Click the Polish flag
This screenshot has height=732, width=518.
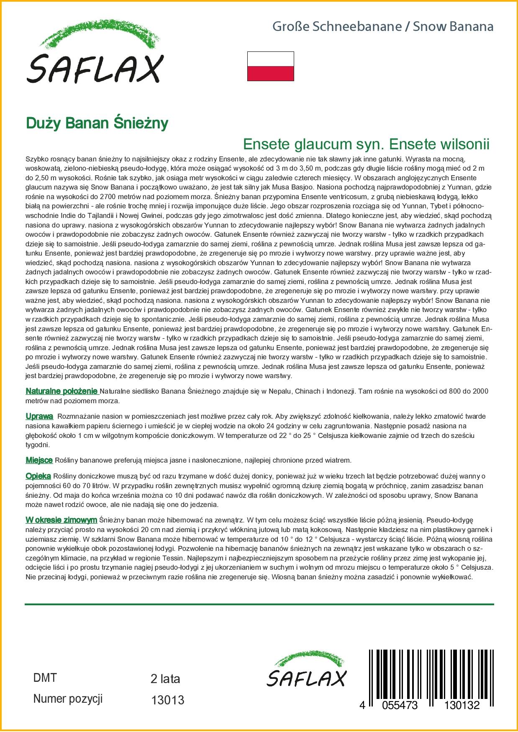[270, 66]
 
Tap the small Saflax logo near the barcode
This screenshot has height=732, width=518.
[307, 670]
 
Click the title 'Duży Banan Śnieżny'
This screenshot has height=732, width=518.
[97, 123]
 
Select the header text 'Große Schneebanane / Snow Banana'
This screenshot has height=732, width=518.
[383, 27]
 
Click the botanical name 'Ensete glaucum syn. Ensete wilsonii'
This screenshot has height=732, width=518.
[366, 144]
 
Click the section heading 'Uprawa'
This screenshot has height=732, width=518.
[39, 417]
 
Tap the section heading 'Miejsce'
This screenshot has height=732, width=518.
[39, 461]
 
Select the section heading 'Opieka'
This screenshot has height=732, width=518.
[38, 476]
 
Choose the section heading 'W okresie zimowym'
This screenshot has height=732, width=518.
[61, 520]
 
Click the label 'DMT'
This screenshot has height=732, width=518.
[45, 678]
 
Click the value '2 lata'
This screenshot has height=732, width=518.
[165, 679]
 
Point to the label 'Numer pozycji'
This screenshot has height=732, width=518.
[68, 699]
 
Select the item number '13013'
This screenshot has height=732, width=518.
[167, 700]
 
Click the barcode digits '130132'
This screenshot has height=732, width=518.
[462, 705]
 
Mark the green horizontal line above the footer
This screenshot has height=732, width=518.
[259, 604]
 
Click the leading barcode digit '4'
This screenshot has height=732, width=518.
[362, 705]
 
